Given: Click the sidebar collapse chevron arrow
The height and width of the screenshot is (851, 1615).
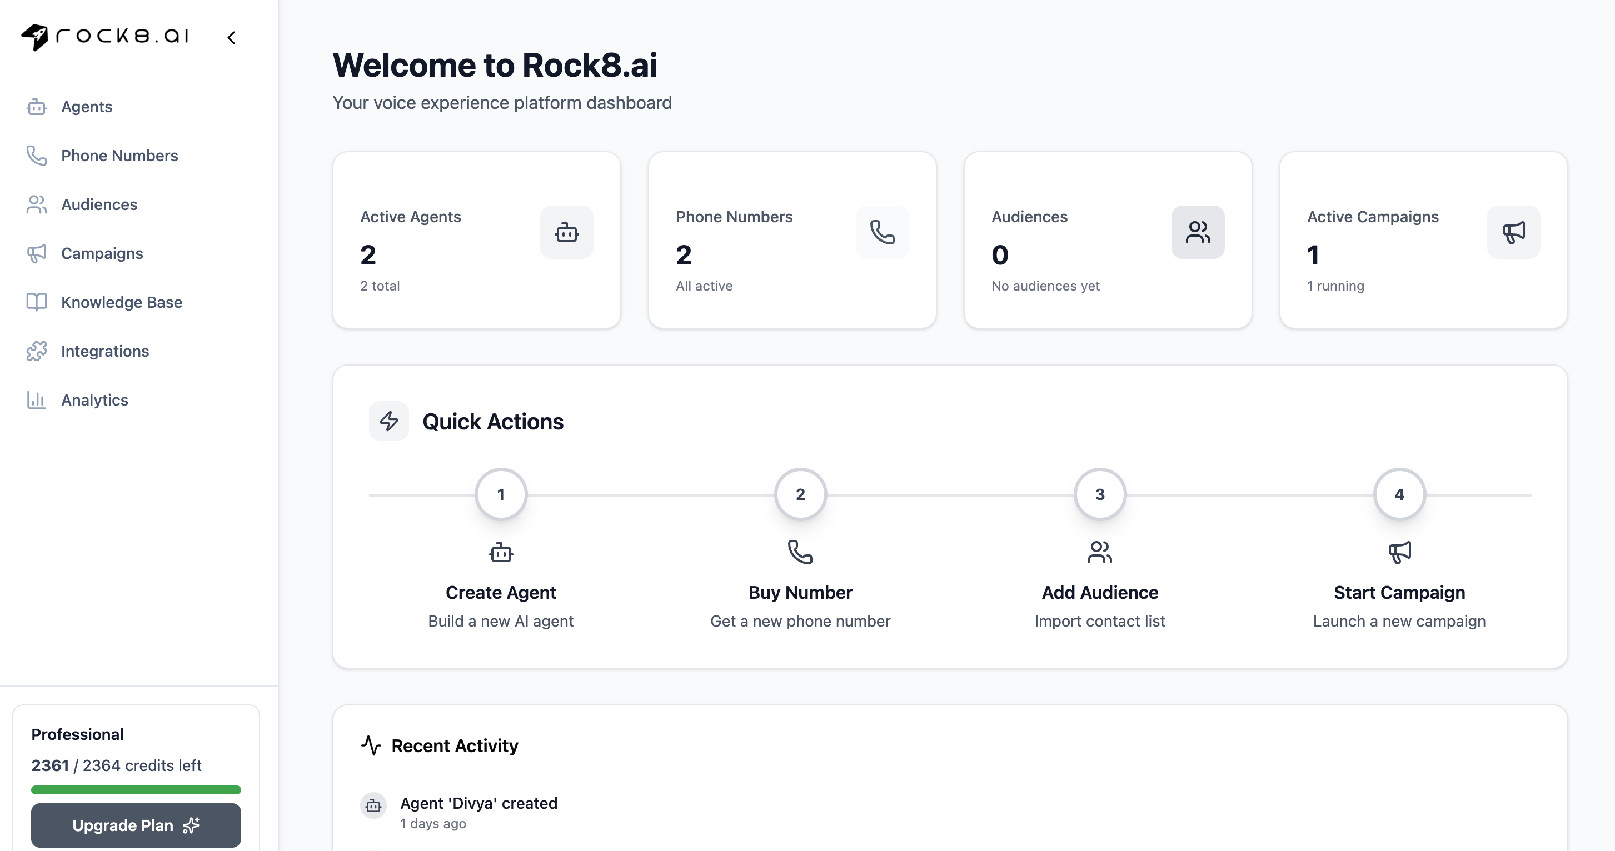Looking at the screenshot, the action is pyautogui.click(x=231, y=38).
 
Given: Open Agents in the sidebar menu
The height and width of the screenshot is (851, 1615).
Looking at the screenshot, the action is pyautogui.click(x=87, y=107).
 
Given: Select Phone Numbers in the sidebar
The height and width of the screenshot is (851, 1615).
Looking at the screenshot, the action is pyautogui.click(x=119, y=156).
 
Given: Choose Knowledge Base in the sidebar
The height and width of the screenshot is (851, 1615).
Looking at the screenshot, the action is pyautogui.click(x=121, y=302).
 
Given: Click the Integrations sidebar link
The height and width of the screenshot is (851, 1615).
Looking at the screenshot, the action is pyautogui.click(x=104, y=351).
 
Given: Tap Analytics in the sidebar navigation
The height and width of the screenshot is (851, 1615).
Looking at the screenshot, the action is pyautogui.click(x=94, y=400).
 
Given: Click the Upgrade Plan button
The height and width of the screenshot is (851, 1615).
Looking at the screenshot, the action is pyautogui.click(x=136, y=825).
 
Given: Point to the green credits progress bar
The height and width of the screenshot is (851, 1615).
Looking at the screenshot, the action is pyautogui.click(x=136, y=789).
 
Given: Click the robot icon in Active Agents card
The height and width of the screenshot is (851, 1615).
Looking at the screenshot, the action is pyautogui.click(x=567, y=233).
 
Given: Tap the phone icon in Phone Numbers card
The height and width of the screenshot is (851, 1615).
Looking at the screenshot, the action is pyautogui.click(x=882, y=233).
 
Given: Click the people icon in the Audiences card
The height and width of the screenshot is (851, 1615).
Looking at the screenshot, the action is pyautogui.click(x=1198, y=233).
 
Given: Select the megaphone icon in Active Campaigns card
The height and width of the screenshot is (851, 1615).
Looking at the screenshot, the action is pyautogui.click(x=1513, y=233).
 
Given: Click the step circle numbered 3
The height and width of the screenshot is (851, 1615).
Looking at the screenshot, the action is pyautogui.click(x=1100, y=494).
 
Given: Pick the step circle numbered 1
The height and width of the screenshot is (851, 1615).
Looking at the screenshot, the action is pyautogui.click(x=501, y=494).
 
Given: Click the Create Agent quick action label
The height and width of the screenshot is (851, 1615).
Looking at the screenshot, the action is pyautogui.click(x=501, y=592).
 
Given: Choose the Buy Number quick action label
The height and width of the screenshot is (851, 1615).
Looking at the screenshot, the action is pyautogui.click(x=800, y=592).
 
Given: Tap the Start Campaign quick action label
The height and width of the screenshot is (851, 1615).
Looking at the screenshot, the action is pyautogui.click(x=1399, y=592).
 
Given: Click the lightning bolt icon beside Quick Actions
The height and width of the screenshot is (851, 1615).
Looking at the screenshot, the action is pyautogui.click(x=388, y=421).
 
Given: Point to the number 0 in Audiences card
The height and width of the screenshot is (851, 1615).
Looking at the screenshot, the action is pyautogui.click(x=1000, y=255).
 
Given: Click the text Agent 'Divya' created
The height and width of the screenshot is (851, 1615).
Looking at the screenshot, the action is pyautogui.click(x=478, y=803).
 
